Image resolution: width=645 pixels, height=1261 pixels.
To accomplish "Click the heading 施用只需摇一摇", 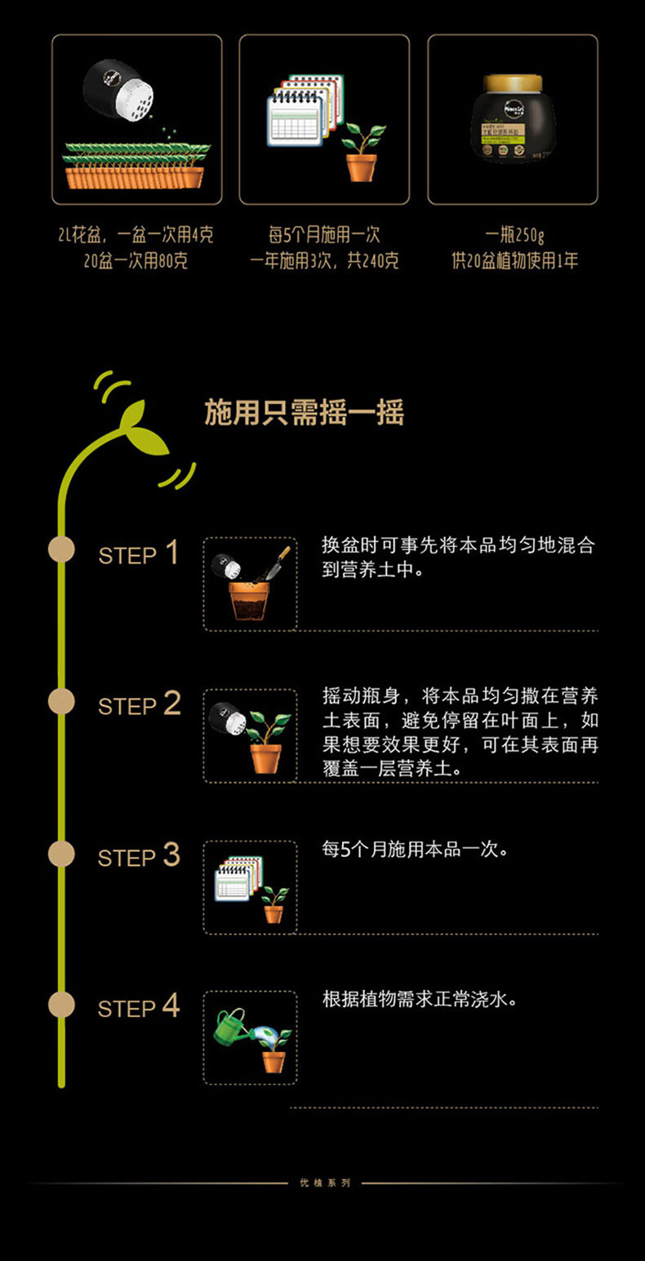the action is [x=304, y=414].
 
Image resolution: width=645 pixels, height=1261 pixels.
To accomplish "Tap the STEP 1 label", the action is [x=138, y=553].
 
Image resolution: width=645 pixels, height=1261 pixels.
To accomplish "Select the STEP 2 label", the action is [x=139, y=704].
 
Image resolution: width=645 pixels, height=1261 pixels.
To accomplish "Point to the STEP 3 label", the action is [x=138, y=855].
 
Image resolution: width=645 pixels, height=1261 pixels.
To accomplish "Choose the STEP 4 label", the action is [x=138, y=1006].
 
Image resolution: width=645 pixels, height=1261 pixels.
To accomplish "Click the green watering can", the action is [x=230, y=1026].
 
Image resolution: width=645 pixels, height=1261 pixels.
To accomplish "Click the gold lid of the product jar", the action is [x=513, y=83].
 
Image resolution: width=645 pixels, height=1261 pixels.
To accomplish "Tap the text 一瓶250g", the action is [x=514, y=236].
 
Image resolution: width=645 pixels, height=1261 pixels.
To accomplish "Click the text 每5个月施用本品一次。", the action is [x=416, y=850].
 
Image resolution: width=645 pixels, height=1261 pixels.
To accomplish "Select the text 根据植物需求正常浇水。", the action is [x=420, y=999].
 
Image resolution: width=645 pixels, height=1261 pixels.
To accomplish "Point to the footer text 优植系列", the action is [x=324, y=1183].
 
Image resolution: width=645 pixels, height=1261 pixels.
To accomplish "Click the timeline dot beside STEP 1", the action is [x=61, y=549].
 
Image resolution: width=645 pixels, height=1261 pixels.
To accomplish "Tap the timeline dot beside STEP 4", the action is [x=61, y=1004].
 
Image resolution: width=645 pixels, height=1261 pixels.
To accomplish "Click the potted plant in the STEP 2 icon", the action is [x=266, y=742].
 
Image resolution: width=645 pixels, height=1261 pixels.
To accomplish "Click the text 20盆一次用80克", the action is [x=136, y=262].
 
